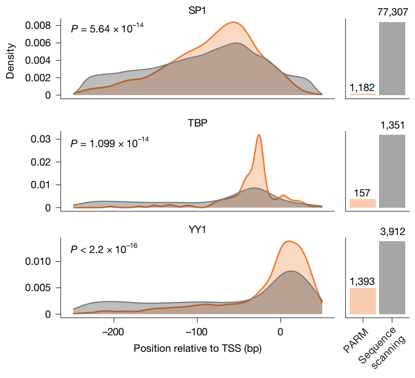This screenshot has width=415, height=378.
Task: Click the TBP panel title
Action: tap(197, 123)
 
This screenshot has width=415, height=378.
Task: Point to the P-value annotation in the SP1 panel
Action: tap(107, 28)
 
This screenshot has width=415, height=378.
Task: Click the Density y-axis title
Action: tap(10, 60)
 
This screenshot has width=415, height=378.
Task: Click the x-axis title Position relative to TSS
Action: tap(197, 348)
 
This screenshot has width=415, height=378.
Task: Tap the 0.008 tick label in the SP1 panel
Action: tap(39, 25)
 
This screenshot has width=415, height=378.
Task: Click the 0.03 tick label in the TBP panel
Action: tap(42, 139)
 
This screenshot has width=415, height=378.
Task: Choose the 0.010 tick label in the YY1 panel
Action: tap(39, 261)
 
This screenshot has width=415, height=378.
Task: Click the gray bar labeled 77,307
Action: tap(392, 59)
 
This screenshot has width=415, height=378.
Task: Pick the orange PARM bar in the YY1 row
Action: tap(363, 301)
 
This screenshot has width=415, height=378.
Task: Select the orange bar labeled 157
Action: tap(363, 203)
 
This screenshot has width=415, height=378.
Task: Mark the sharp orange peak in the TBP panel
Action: tap(259, 136)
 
